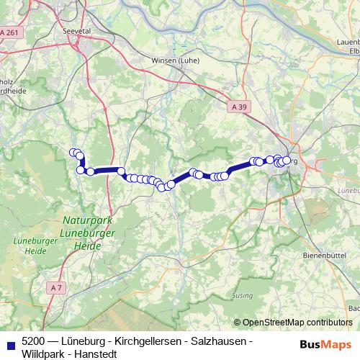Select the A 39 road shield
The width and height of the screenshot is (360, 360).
point(240,107)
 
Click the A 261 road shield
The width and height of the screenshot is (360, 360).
point(10,33)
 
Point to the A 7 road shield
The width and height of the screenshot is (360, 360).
point(57,288)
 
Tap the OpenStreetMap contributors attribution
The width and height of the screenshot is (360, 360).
point(297,323)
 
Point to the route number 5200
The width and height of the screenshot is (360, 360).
point(33,341)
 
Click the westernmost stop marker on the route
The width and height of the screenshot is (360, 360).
point(73,153)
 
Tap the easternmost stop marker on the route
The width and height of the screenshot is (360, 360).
point(287,160)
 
